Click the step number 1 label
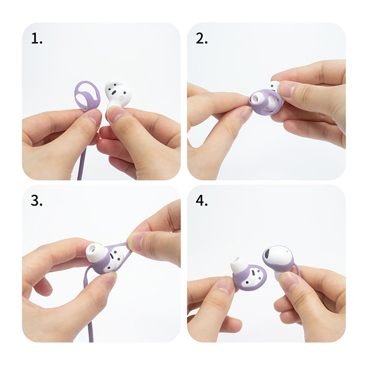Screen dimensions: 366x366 click(37, 38)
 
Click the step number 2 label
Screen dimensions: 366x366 click(201, 38)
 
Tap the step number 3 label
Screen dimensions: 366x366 click(37, 200)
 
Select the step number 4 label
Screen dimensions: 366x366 click(201, 200)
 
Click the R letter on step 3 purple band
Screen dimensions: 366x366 click(98, 266)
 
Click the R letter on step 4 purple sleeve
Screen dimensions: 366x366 click(237, 280)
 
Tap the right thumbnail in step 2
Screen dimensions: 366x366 click(287, 89)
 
